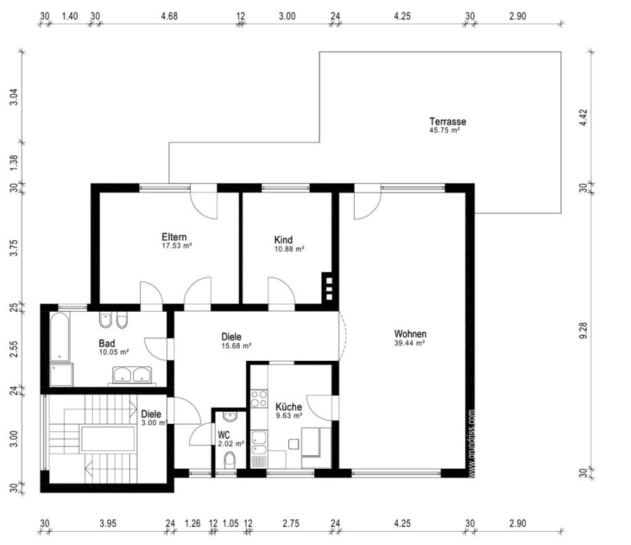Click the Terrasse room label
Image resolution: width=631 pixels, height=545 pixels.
[x=447, y=121]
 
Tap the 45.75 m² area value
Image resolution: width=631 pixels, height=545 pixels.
[x=445, y=130]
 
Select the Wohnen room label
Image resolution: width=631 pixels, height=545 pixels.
[x=410, y=334]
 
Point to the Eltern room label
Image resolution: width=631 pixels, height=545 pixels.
[x=175, y=237]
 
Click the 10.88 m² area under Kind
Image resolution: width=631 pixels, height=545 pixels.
[x=289, y=249]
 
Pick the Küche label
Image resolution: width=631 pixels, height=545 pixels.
[x=289, y=406]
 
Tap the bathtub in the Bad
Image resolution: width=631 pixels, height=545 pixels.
[x=60, y=337]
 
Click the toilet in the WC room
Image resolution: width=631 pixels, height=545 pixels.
[x=230, y=460]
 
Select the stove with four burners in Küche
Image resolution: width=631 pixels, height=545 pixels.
[x=259, y=399]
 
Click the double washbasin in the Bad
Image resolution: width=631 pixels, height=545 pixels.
[x=132, y=375]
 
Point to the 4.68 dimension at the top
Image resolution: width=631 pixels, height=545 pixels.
[x=169, y=16]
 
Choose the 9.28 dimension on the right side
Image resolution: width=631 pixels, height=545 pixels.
[x=583, y=330]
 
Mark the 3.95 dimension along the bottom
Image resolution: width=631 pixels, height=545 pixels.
[x=108, y=523]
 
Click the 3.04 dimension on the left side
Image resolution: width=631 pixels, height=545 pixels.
[x=14, y=97]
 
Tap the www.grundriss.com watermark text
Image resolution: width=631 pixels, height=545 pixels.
[x=472, y=443]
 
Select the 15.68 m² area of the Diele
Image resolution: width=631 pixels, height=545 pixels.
[x=237, y=345]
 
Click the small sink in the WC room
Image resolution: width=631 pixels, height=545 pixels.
[x=230, y=417]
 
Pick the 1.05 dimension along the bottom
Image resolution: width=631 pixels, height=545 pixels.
[x=231, y=523]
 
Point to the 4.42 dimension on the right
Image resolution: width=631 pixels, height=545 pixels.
[x=583, y=118]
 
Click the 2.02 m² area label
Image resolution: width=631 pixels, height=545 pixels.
[x=231, y=443]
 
